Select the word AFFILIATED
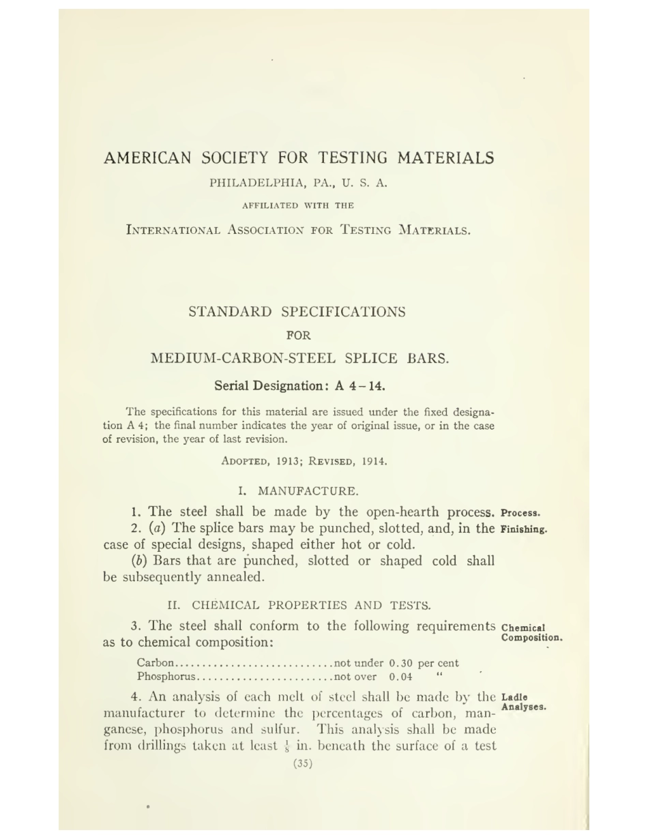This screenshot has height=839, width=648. click(270, 205)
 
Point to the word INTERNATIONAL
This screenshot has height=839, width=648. click(173, 230)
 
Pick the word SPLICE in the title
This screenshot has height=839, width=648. click(372, 358)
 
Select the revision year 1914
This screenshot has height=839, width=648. click(374, 461)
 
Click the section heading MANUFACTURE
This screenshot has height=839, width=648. click(308, 491)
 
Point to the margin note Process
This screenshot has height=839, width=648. click(520, 513)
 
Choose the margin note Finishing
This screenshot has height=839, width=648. click(524, 529)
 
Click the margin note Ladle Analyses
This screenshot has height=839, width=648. click(522, 703)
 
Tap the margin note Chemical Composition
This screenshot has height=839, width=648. click(531, 633)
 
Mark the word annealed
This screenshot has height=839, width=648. click(234, 577)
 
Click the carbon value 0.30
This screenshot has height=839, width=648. click(401, 663)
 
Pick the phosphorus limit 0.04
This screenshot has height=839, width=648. click(401, 677)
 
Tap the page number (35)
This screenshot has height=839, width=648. click(303, 763)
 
